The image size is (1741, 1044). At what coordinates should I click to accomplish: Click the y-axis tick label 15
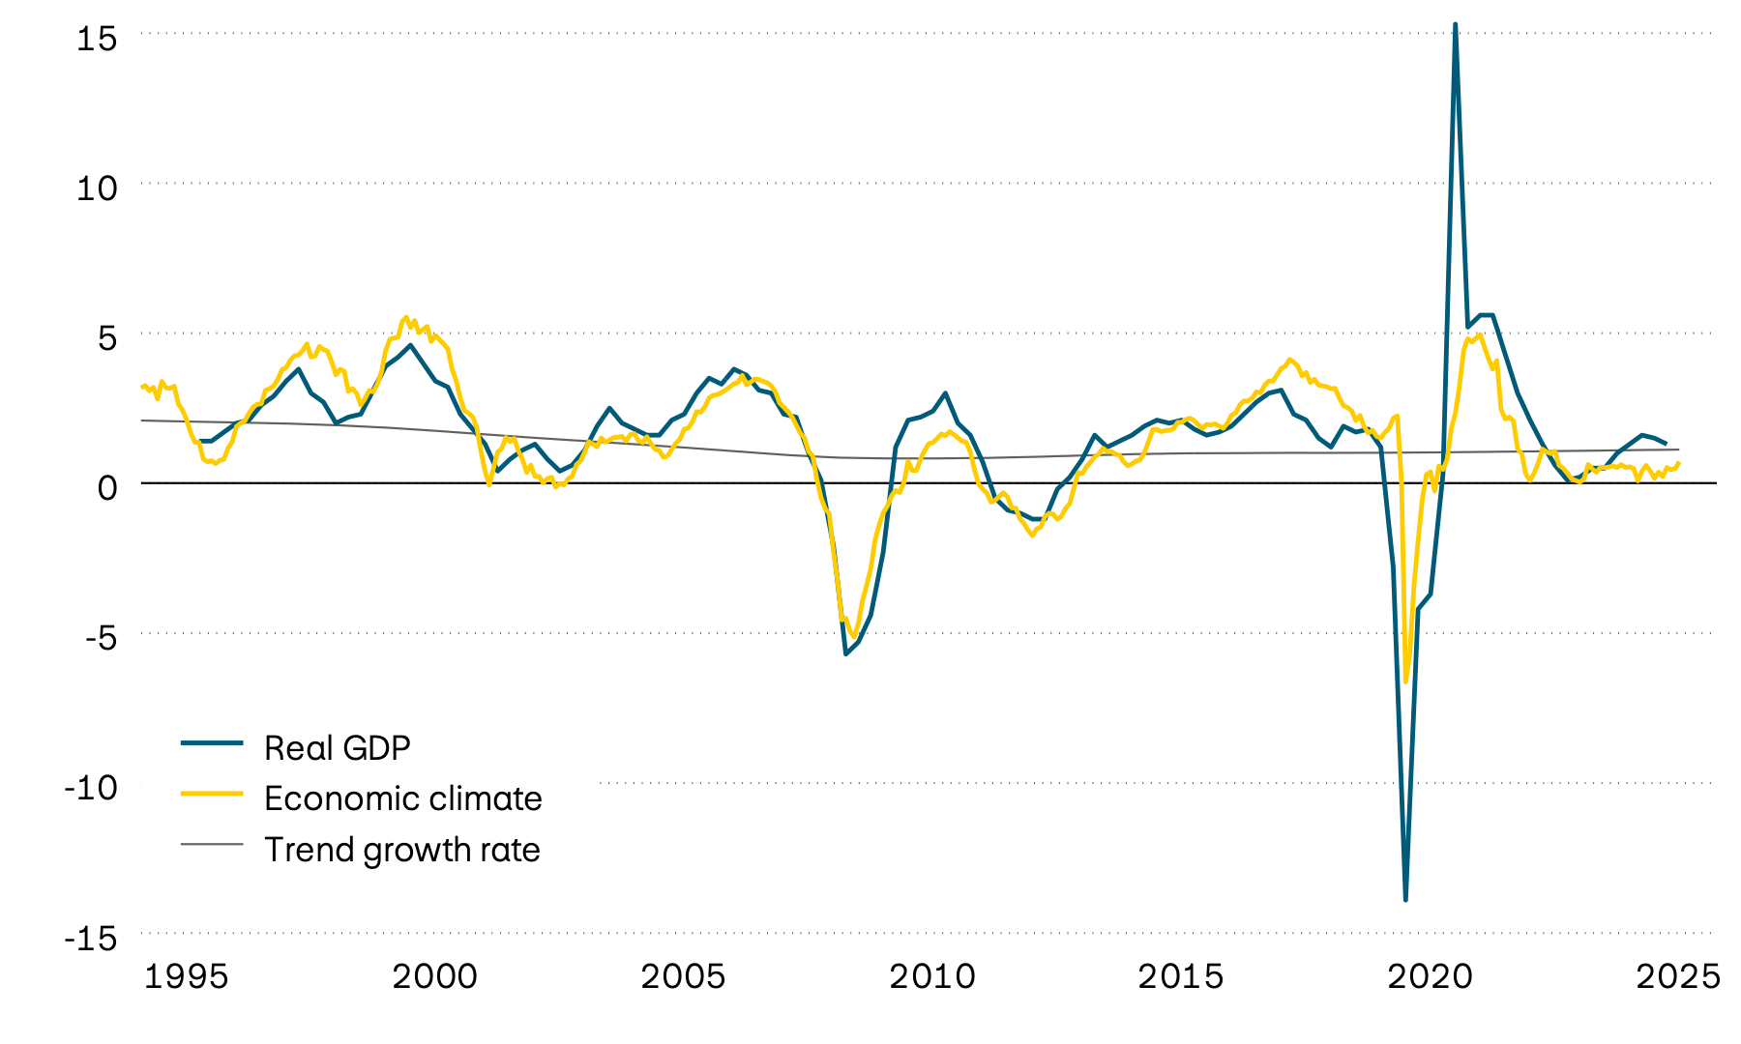97,39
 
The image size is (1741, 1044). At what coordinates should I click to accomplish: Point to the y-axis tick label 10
97,188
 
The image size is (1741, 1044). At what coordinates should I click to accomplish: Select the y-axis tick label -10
91,787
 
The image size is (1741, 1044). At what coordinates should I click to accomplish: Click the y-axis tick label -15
91,938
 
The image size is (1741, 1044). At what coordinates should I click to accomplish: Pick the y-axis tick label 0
107,487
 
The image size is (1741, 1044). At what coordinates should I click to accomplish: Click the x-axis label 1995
186,976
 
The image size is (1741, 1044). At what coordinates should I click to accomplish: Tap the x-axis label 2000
434,976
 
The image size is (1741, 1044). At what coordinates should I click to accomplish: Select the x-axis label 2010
932,976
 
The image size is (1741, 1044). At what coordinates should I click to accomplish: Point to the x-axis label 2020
1430,976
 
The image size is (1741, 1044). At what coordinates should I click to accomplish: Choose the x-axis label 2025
1678,976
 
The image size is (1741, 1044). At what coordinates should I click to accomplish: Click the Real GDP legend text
338,747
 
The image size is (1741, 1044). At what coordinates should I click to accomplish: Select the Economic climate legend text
402,798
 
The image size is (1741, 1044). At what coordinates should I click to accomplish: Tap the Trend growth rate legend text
401,850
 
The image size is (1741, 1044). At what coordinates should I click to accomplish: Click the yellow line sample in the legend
212,793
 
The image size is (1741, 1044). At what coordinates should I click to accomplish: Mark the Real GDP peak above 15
1455,24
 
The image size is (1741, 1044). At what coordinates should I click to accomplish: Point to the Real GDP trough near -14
1405,900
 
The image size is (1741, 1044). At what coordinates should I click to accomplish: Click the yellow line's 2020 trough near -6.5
1406,681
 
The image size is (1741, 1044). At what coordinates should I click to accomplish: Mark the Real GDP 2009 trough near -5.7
846,654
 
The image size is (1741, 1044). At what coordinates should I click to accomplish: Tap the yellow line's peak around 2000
406,317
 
